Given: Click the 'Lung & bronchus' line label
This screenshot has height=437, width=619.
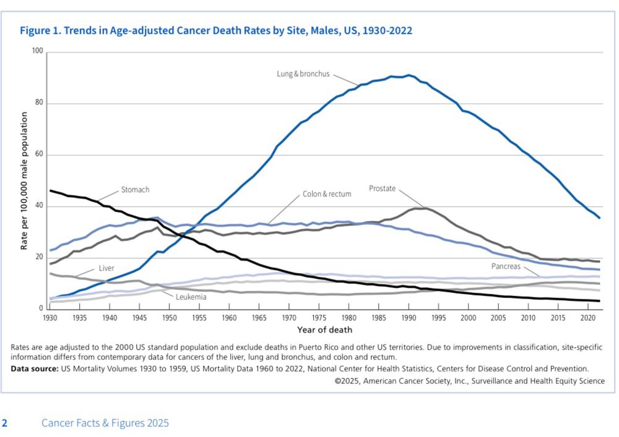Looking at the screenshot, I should click(x=303, y=74).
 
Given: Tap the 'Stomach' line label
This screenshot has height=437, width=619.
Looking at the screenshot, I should click(x=135, y=190).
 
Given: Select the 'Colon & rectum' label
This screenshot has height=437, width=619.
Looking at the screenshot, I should click(x=327, y=194).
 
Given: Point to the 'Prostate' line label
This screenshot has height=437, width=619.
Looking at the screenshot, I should click(x=382, y=188).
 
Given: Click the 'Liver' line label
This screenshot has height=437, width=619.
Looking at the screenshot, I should click(x=106, y=269).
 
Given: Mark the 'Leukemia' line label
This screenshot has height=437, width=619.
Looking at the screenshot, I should click(x=191, y=297).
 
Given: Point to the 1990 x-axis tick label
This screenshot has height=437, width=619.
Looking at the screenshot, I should click(x=408, y=318).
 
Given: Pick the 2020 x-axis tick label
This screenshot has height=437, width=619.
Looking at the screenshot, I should click(x=587, y=318).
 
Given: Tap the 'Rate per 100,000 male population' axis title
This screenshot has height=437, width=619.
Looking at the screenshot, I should click(x=24, y=180).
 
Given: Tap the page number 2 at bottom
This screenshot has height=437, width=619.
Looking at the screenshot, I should click(x=5, y=423).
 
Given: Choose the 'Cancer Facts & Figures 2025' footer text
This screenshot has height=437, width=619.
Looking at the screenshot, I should click(x=105, y=423).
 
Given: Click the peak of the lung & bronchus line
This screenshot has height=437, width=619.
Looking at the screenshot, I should click(x=409, y=75).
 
